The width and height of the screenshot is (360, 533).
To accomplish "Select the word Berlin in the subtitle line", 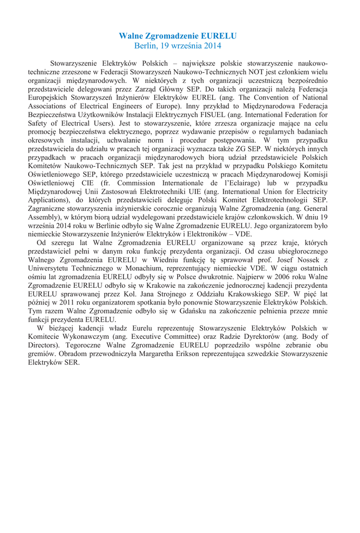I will [x=146, y=46].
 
